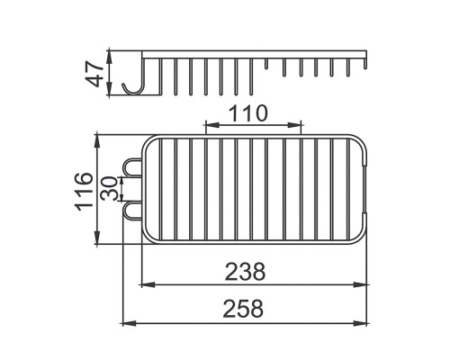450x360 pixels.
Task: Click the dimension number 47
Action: pyautogui.click(x=94, y=74)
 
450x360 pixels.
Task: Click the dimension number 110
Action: pyautogui.click(x=247, y=113)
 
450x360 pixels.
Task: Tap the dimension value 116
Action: pyautogui.click(x=84, y=192)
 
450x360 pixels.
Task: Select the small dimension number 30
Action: pyautogui.click(x=109, y=188)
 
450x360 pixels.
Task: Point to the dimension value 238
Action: pyautogui.click(x=246, y=272)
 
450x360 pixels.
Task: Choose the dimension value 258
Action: pyautogui.click(x=243, y=309)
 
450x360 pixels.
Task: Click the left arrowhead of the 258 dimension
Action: pyautogui.click(x=126, y=323)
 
